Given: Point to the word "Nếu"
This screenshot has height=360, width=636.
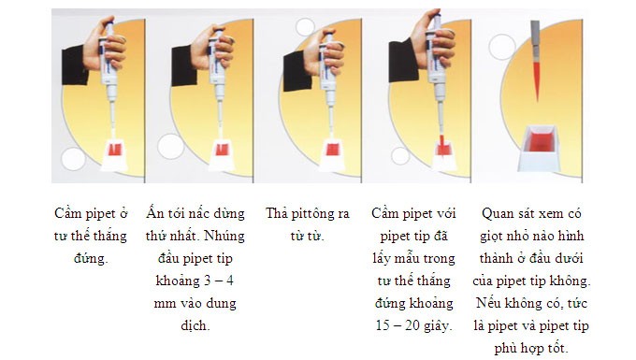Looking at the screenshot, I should coord(509,303).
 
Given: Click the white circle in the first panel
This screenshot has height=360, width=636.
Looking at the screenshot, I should coord(73,158).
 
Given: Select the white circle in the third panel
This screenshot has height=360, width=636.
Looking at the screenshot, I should coord(305,27).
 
